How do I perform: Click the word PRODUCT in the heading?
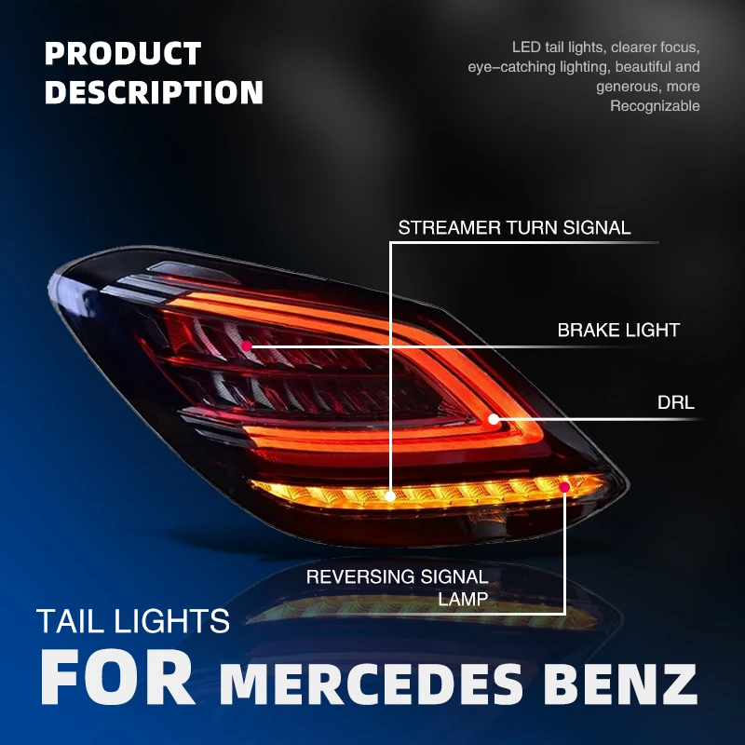(123, 54)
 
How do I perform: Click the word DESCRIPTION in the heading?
(155, 92)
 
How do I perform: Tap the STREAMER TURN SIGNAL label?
(514, 227)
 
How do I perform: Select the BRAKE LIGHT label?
(618, 330)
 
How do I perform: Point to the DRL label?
(676, 403)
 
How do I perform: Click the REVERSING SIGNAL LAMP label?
(398, 587)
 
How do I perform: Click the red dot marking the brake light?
(247, 345)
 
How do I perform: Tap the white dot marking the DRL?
(494, 420)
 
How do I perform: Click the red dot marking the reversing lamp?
(564, 487)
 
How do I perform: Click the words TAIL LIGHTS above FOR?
(133, 620)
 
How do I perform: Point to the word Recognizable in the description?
(655, 106)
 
